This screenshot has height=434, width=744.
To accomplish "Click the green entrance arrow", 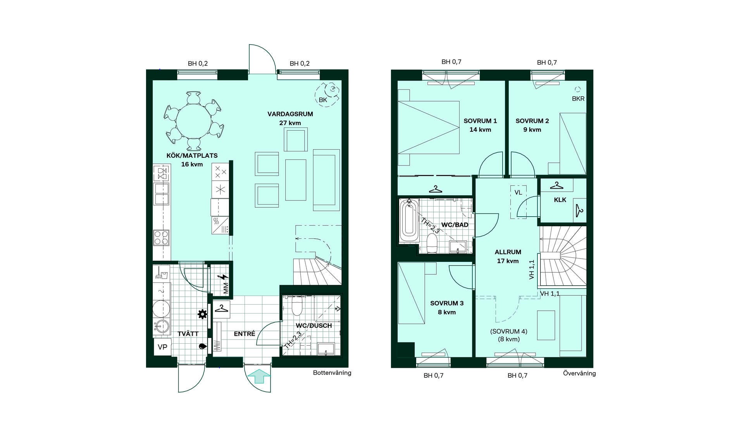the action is click(258, 376).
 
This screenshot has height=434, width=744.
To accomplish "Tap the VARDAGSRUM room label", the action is click(290, 114).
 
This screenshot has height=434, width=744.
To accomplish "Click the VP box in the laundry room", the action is click(162, 347).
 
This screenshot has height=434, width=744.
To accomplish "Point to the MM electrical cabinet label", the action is click(226, 288).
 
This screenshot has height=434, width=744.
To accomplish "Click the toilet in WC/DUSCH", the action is click(297, 306).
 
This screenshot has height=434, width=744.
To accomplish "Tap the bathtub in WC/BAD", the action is click(409, 220).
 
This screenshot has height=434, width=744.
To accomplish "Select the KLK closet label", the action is click(560, 200).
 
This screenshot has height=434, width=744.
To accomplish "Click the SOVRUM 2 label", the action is click(532, 121).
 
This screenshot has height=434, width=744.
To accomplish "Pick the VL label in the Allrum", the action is click(518, 193).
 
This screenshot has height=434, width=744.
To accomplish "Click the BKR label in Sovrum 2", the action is click(578, 99).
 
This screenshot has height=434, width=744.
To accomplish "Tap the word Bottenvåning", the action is click(332, 373).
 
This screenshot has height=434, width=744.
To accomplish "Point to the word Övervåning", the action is click(579, 373).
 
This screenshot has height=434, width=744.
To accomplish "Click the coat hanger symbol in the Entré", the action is click(221, 309).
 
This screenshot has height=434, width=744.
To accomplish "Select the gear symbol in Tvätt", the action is click(202, 314).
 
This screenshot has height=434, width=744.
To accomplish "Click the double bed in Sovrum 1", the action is click(429, 127).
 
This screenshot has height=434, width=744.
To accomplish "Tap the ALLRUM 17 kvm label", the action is click(508, 257).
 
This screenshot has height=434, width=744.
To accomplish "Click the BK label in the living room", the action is click(323, 100).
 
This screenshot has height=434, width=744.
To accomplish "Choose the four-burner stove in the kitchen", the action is click(161, 238).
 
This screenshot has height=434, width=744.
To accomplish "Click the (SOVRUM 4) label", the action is click(509, 331).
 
